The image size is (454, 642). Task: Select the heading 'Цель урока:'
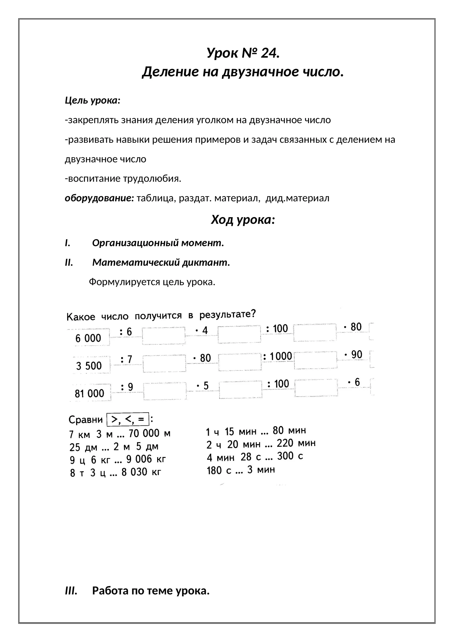click(x=93, y=100)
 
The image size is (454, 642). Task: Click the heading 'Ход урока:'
click(x=243, y=220)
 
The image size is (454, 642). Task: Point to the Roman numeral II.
click(x=69, y=263)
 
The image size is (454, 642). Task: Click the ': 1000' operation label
click(x=278, y=356)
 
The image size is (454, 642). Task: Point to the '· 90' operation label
click(x=353, y=355)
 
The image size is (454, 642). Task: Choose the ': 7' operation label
click(x=127, y=360)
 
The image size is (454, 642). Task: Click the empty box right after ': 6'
click(x=164, y=336)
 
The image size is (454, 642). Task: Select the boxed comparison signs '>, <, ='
click(x=128, y=419)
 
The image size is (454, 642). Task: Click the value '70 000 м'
click(x=150, y=433)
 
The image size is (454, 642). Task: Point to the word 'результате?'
click(x=228, y=314)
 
